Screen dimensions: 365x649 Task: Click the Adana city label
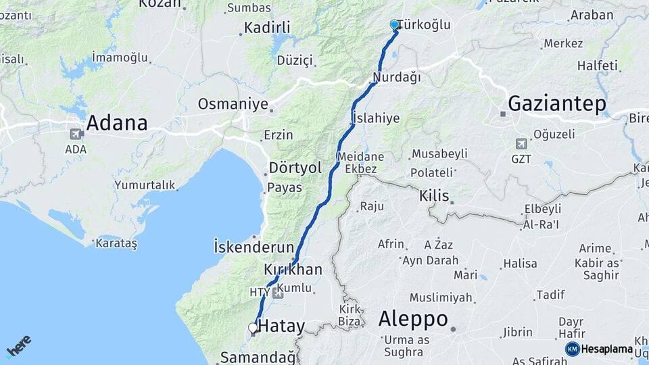[116, 123]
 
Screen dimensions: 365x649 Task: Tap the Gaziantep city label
[556, 104]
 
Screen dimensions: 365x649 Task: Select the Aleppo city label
[413, 318]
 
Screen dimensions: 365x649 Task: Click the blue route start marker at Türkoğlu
[395, 24]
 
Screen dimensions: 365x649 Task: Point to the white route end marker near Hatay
[253, 328]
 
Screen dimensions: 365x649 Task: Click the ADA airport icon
[75, 134]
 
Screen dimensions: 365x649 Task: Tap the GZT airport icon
[521, 144]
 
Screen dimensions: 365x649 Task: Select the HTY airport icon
[277, 293]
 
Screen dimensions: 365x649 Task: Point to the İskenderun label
[254, 245]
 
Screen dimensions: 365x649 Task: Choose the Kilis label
[434, 196]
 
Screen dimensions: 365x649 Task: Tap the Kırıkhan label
[293, 270]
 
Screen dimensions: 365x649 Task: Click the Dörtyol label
[295, 168]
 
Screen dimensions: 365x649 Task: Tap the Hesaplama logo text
[606, 349]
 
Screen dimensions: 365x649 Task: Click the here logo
[18, 346]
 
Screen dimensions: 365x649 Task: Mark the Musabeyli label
[439, 153]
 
